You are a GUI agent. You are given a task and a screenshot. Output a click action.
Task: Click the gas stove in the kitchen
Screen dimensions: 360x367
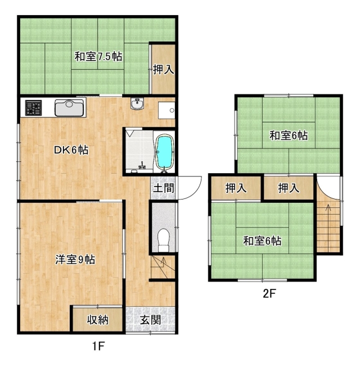(x=34, y=108)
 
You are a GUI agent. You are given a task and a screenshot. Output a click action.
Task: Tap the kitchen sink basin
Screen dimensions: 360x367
(x=69, y=108)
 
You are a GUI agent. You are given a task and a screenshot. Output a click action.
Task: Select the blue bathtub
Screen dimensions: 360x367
(x=165, y=152)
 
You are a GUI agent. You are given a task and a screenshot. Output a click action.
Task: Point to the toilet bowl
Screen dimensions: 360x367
(x=163, y=240)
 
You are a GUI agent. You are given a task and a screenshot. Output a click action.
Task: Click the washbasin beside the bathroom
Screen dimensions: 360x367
(x=137, y=103)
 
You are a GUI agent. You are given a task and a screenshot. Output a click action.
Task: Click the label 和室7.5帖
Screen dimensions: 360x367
(x=98, y=56)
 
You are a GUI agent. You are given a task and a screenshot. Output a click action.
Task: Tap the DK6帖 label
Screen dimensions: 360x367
(x=71, y=150)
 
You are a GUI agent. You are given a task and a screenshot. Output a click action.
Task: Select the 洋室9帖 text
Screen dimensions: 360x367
(x=75, y=260)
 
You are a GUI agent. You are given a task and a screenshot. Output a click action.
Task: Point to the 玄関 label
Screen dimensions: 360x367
(x=150, y=320)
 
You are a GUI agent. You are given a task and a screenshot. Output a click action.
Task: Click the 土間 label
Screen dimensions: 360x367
(x=164, y=188)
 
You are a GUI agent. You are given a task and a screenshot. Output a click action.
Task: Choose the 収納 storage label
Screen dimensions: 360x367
(x=98, y=320)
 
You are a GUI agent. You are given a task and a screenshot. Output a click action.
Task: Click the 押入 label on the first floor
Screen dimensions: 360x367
(x=164, y=70)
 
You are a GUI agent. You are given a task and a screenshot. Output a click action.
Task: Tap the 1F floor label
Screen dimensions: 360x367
(x=98, y=346)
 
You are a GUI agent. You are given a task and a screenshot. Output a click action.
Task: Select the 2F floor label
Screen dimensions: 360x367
(x=269, y=294)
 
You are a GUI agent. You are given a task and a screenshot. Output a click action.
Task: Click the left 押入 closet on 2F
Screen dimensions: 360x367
(x=236, y=188)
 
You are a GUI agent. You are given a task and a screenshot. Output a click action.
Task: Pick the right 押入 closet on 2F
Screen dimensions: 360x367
(x=289, y=188)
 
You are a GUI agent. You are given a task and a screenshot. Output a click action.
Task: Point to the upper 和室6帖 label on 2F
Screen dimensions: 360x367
(x=289, y=135)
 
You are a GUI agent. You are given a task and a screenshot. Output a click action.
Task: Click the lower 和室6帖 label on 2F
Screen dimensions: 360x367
(x=262, y=241)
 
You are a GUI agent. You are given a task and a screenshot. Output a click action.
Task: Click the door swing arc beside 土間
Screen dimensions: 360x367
(x=196, y=192)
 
